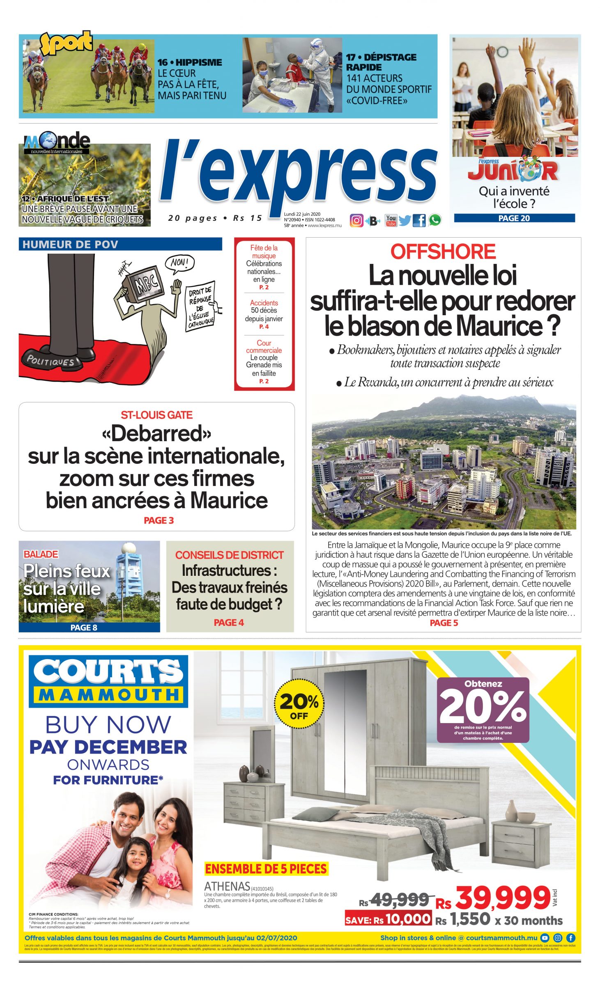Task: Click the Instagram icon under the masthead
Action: tap(356, 221)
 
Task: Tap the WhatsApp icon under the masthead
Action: tap(434, 220)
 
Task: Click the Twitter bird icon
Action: tap(405, 221)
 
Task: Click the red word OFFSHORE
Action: tap(443, 252)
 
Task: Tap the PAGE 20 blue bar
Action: tap(514, 218)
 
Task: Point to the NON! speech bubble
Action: tap(179, 262)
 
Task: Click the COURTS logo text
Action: tap(108, 672)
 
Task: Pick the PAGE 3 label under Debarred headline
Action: tap(159, 520)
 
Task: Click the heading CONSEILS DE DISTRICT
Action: tap(229, 555)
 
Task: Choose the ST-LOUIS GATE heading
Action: tap(156, 415)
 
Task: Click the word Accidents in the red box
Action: tap(264, 302)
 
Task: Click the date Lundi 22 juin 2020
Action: tap(302, 214)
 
